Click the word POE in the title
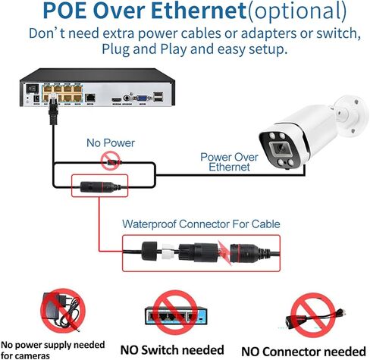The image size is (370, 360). pyautogui.click(x=65, y=10)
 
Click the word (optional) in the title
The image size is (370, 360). pyautogui.click(x=297, y=11)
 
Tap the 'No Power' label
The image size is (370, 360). pyautogui.click(x=111, y=143)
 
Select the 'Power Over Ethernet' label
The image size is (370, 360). pyautogui.click(x=229, y=162)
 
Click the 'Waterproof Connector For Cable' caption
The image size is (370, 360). pyautogui.click(x=201, y=224)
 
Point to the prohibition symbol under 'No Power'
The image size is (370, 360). pyautogui.click(x=111, y=161)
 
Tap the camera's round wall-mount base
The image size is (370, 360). pyautogui.click(x=353, y=116)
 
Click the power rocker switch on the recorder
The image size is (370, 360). pyautogui.click(x=33, y=88)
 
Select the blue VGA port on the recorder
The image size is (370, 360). pyautogui.click(x=143, y=97)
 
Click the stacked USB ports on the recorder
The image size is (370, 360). pyautogui.click(x=158, y=96)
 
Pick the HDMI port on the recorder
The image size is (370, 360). pyautogui.click(x=117, y=99)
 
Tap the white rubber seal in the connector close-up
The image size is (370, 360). pyautogui.click(x=168, y=252)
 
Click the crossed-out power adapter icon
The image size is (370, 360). pyautogui.click(x=63, y=311)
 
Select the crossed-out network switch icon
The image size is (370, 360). pyautogui.click(x=176, y=312)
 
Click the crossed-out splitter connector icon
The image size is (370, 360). pyautogui.click(x=313, y=315)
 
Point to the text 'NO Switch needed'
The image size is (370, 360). pyautogui.click(x=172, y=350)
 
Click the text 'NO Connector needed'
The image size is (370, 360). pyautogui.click(x=304, y=352)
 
